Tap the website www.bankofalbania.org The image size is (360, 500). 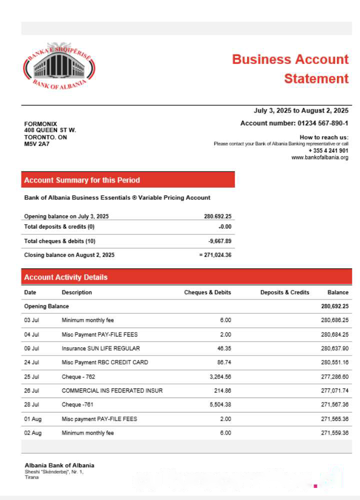pyautogui.click(x=319, y=157)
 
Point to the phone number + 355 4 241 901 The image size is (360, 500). pyautogui.click(x=328, y=150)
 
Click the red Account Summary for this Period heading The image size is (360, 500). pyautogui.click(x=82, y=180)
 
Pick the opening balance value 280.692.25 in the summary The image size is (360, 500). pyautogui.click(x=217, y=216)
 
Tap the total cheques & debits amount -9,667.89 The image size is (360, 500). pyautogui.click(x=220, y=241)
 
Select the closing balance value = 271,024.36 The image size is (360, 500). pyautogui.click(x=215, y=255)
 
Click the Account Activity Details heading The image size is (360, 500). pyautogui.click(x=65, y=277)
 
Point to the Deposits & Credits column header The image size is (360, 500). pyautogui.click(x=284, y=292)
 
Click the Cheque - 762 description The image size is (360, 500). pyautogui.click(x=79, y=376)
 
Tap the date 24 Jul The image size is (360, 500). pyautogui.click(x=31, y=362)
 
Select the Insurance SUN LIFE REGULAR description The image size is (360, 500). pyautogui.click(x=100, y=348)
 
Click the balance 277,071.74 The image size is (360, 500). pyautogui.click(x=334, y=390)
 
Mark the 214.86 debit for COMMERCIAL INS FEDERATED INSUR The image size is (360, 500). pyautogui.click(x=221, y=390)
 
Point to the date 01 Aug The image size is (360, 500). pyautogui.click(x=32, y=419)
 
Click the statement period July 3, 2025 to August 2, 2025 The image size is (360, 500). pyautogui.click(x=301, y=110)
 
